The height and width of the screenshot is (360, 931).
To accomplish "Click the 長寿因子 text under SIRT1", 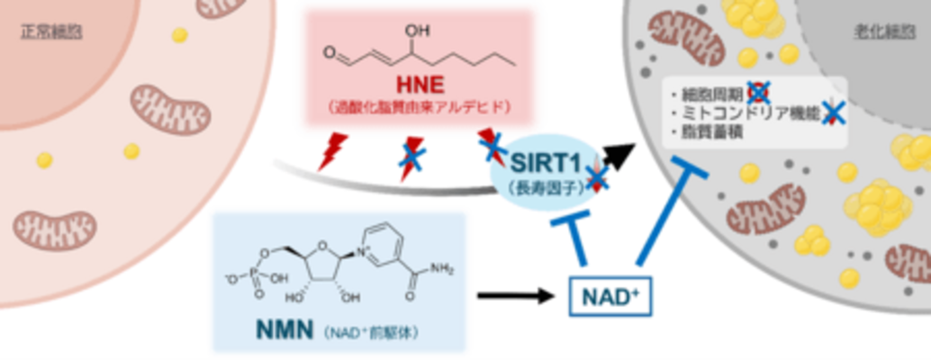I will tap(538, 186).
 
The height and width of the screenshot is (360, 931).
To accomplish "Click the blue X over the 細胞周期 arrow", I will tap(759, 91).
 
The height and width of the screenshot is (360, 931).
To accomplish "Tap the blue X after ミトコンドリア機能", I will tap(836, 112).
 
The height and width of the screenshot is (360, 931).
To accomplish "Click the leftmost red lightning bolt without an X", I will tap(333, 151).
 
